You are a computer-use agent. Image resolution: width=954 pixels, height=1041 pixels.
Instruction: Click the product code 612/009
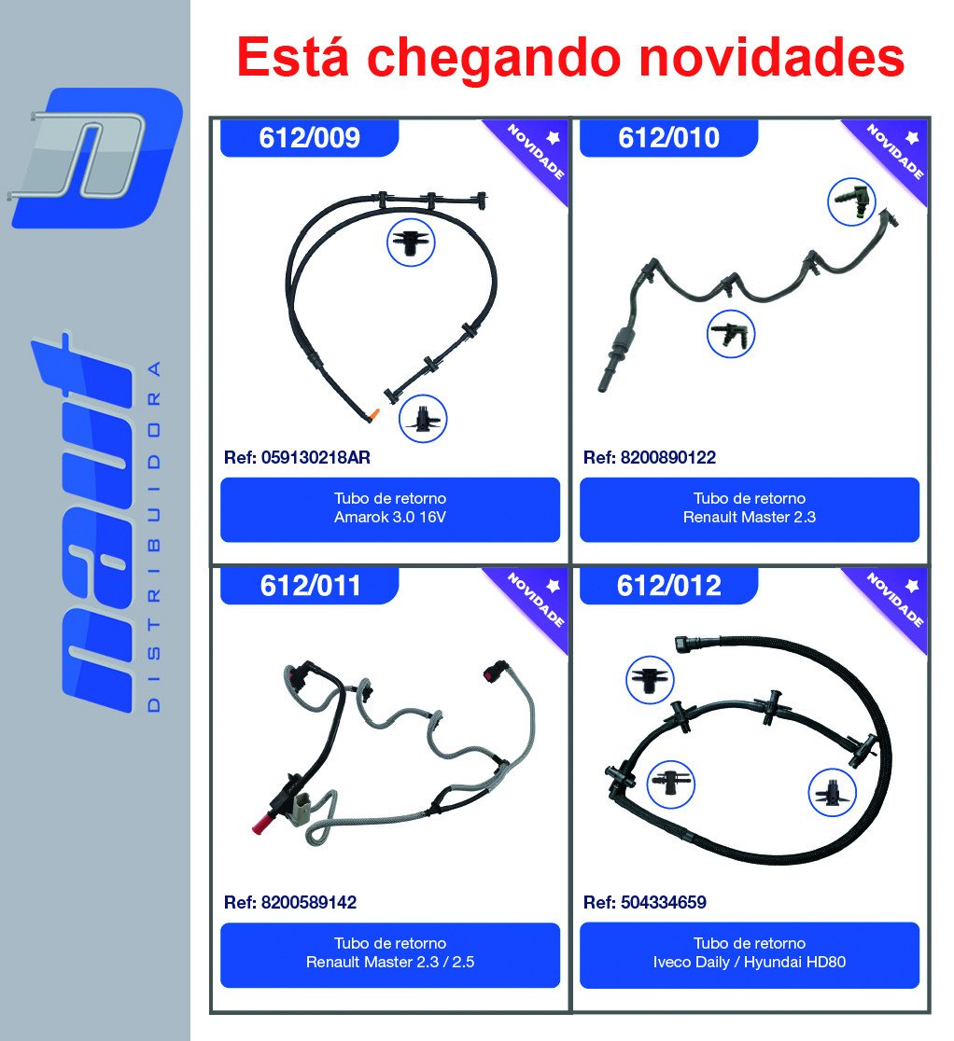tap(310, 138)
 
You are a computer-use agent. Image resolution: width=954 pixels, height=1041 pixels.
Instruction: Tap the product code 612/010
tap(669, 138)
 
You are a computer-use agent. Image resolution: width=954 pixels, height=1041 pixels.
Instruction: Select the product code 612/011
tap(310, 586)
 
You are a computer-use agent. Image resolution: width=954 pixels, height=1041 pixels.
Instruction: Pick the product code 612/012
tap(669, 586)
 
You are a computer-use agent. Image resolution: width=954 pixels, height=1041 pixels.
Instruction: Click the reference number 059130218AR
tap(316, 457)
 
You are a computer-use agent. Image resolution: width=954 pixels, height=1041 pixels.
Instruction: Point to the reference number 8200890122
tap(668, 457)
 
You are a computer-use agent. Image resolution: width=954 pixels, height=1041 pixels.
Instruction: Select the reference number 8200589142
tap(309, 902)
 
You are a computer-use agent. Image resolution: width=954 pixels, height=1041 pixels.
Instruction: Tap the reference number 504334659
tap(664, 902)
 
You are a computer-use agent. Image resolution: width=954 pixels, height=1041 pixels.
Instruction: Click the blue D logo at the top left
tap(97, 158)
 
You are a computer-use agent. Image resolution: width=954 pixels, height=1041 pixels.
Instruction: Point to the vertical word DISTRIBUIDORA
tap(153, 536)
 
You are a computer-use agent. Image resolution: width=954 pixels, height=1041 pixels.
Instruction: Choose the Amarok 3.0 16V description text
tap(390, 517)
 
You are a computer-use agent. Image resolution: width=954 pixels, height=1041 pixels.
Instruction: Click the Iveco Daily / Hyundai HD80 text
tap(750, 962)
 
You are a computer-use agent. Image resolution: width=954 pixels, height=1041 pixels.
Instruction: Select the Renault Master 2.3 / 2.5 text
tap(390, 962)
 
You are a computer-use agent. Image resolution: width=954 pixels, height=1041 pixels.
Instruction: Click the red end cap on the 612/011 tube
tap(260, 826)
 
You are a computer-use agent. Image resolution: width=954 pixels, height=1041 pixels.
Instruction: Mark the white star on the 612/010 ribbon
tap(912, 137)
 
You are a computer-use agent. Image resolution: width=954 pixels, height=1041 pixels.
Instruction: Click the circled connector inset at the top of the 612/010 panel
tap(851, 201)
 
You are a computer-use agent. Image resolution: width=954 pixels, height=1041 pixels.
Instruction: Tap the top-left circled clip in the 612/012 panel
tap(651, 680)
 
